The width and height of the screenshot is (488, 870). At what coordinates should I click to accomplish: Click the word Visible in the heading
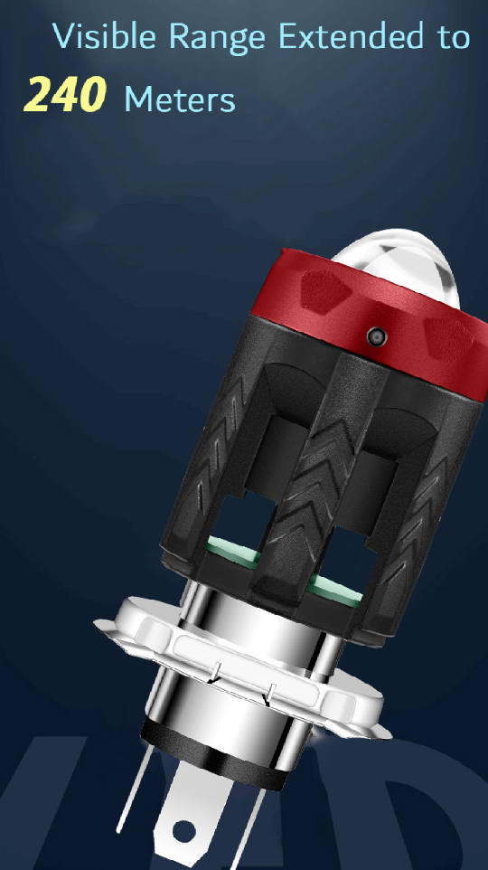click(106, 37)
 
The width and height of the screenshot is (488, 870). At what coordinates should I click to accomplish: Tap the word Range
click(216, 37)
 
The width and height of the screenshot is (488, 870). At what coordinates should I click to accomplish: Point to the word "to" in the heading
click(450, 38)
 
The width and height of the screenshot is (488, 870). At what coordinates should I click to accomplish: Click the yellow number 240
click(66, 95)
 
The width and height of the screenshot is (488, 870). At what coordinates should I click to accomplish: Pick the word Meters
click(180, 99)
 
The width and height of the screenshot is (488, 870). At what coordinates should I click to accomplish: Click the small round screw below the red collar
click(376, 336)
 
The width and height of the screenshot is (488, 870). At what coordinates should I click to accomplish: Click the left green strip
click(231, 546)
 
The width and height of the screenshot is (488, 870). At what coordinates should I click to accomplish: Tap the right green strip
click(333, 591)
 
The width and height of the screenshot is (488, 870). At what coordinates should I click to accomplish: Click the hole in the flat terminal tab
click(185, 829)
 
